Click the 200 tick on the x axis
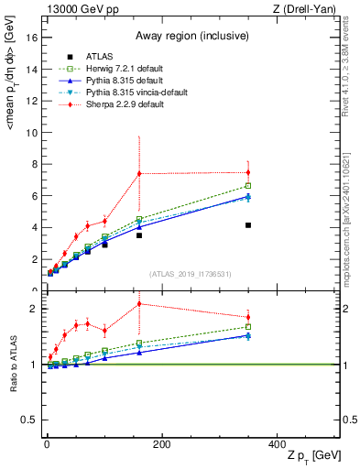tap(162, 445)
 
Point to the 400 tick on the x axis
tap(277, 445)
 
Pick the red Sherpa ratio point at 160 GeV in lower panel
tap(139, 303)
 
